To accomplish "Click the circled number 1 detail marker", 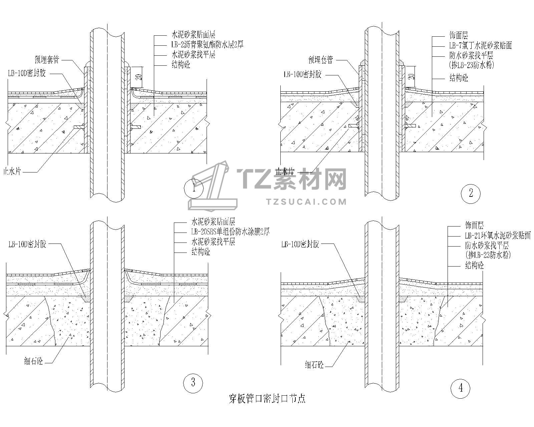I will pos(194,188).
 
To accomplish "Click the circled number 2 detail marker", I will pos(471,193).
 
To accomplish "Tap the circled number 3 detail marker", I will pos(193,382).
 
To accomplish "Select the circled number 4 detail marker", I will pos(461,388).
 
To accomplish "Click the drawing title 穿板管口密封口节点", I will pos(267,399).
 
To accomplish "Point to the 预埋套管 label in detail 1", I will pos(47,60).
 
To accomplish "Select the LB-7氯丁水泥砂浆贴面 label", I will pos(480,45).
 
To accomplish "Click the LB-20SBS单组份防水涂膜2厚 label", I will pos(230,232).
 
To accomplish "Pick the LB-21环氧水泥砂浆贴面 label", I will pos(498,236).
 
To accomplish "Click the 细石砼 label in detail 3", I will pos(33,361).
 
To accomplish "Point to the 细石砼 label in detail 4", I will pos(314,365).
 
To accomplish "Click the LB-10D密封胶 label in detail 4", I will pos(300,245).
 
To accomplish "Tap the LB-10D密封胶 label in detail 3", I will pos(27,245).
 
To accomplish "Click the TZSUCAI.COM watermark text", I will pos(307,201).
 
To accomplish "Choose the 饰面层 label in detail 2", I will pos(459,35).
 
